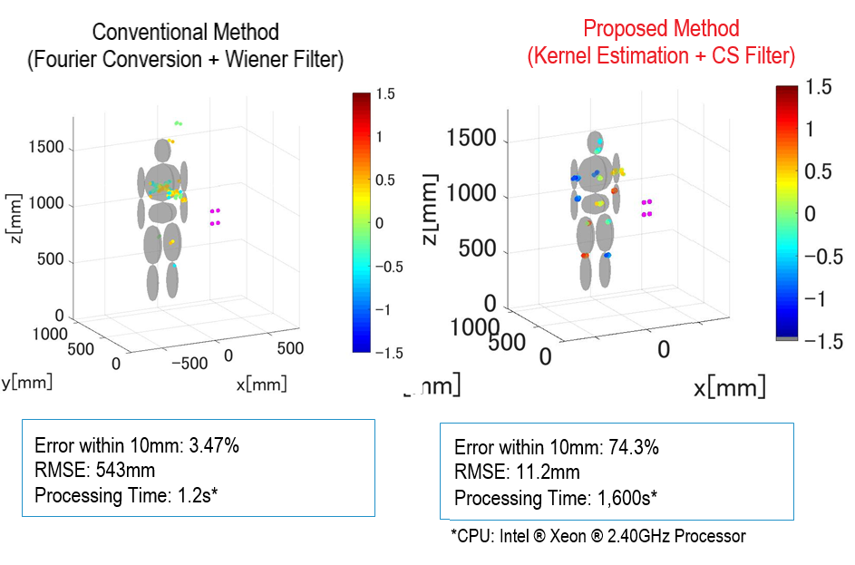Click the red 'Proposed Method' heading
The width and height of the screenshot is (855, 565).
661,28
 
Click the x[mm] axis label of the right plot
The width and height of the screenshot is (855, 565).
729,388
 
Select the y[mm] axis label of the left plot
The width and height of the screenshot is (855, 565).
26,382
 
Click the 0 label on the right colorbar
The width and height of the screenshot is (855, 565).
810,213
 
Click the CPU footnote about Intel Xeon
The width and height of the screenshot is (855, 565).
598,536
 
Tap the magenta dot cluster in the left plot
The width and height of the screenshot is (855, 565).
216,216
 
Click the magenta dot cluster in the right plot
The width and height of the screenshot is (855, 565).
646,208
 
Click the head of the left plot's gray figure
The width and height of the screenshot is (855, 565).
163,149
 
